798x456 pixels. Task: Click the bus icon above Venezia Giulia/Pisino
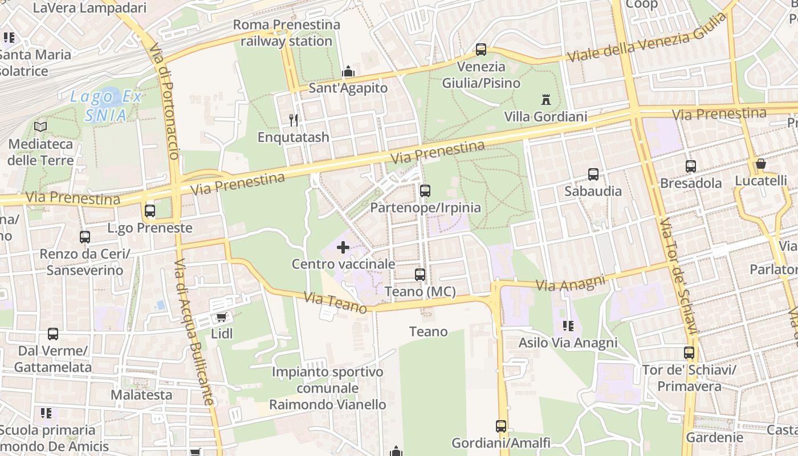[481, 50]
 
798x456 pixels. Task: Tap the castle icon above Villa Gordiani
[545, 100]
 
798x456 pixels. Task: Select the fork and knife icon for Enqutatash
[294, 120]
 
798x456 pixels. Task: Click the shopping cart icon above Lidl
[221, 316]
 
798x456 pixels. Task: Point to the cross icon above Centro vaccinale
[343, 247]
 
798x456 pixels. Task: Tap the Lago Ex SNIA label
[105, 106]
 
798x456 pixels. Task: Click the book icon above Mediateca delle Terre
[40, 127]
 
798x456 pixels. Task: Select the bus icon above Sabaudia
[593, 174]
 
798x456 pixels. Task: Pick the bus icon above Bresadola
[690, 166]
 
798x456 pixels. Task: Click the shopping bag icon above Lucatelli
[760, 164]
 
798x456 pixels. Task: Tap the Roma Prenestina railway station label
[287, 33]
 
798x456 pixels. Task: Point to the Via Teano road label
[335, 302]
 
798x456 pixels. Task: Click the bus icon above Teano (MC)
[420, 275]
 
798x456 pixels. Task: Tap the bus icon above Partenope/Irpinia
[425, 191]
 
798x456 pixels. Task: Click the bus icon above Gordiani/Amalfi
[500, 426]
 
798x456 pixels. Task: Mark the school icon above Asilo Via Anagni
[568, 326]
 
